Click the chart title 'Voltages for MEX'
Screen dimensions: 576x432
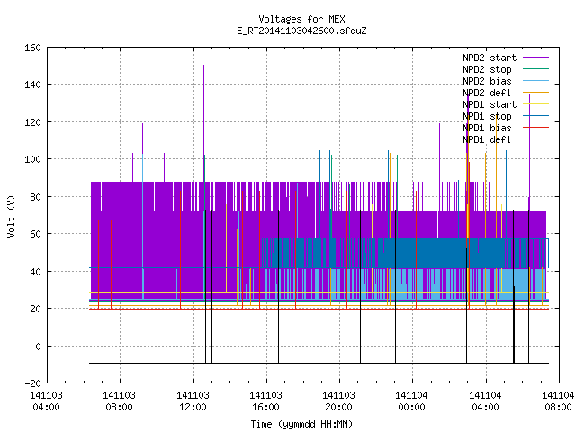[x=301, y=19]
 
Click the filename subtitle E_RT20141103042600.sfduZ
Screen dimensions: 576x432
[x=301, y=31]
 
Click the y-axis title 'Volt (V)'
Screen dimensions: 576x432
[x=12, y=216]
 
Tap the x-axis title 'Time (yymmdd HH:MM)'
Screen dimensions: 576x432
[x=301, y=424]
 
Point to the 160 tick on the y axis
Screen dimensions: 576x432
[x=32, y=48]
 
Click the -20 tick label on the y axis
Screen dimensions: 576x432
[x=32, y=383]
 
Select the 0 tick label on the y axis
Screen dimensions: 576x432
[x=38, y=346]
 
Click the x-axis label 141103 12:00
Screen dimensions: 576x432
[x=193, y=401]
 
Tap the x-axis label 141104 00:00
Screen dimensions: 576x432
[x=412, y=401]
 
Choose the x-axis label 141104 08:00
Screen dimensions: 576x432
[x=558, y=401]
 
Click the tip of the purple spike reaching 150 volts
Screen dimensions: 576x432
[x=204, y=66]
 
